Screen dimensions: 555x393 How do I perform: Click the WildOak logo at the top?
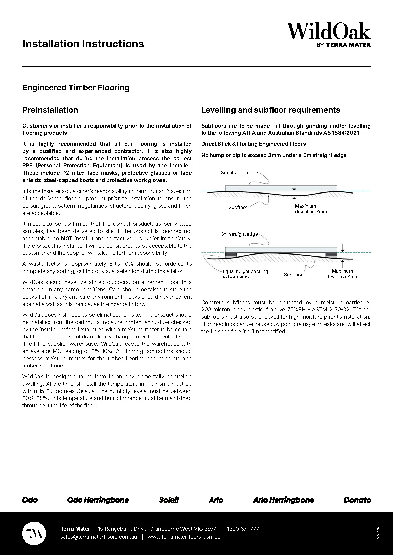pos(328,35)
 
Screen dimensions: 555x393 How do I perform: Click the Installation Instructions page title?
pos(83,44)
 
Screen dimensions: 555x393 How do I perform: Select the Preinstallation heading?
pos(50,110)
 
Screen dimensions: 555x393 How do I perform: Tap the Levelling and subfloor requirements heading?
pos(271,110)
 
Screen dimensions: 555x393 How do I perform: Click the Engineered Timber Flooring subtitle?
pos(76,88)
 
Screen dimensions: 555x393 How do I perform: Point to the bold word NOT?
pos(67,238)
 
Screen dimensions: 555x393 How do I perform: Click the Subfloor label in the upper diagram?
pos(238,207)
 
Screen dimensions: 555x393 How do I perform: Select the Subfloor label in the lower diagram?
pos(293,275)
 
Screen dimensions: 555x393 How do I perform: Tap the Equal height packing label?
pos(245,274)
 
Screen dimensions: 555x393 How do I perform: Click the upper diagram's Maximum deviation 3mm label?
pos(311,209)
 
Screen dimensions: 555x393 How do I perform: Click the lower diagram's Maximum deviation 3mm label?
pos(342,274)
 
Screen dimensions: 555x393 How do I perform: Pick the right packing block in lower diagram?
pos(331,255)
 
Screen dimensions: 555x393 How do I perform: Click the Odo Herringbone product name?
pos(98,500)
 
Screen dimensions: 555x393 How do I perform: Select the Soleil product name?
pos(169,500)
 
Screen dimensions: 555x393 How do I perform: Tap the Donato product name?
pos(357,500)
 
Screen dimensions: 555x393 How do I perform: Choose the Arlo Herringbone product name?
pos(283,500)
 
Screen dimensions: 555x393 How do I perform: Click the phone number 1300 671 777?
pos(243,529)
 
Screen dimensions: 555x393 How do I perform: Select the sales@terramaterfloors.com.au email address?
pos(99,537)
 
